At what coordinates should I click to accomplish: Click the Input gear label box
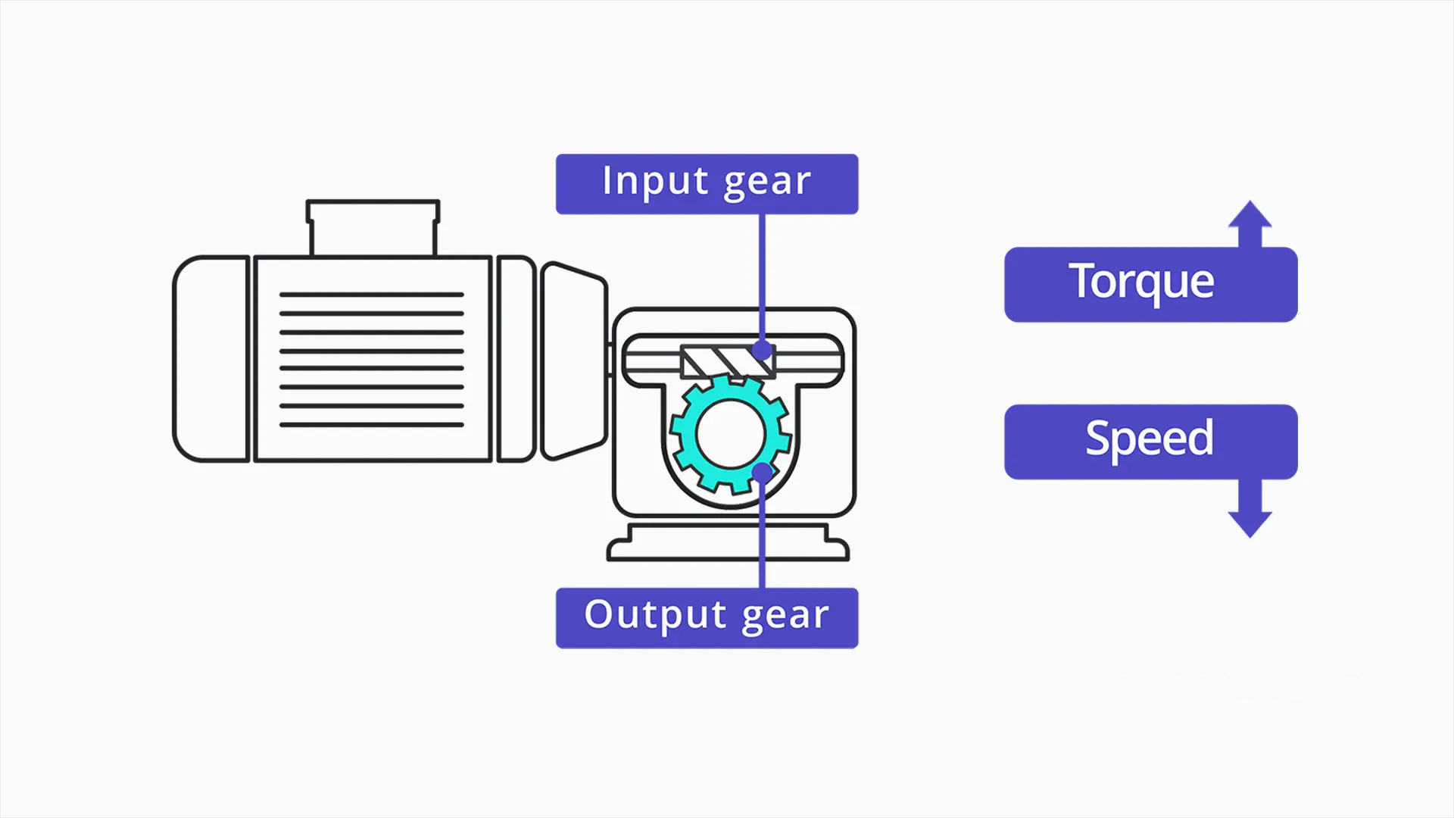pos(707,184)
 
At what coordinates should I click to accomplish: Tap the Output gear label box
pos(707,618)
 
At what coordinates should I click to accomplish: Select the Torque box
pos(1150,285)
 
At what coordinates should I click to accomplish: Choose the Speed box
pos(1150,442)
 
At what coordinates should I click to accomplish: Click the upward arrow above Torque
pos(1250,223)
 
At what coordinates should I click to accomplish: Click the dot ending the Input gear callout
pos(763,351)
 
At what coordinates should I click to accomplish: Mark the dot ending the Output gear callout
pos(763,473)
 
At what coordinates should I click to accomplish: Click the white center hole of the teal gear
pos(731,435)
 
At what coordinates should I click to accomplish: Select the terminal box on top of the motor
pos(373,228)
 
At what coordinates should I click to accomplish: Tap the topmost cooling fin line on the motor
pos(371,295)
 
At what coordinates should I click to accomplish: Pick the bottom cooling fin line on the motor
pos(371,425)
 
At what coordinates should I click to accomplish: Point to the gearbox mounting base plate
pos(728,542)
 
